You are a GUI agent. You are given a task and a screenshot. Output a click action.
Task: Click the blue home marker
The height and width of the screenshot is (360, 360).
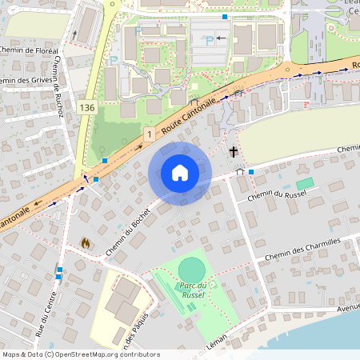(x=180, y=173)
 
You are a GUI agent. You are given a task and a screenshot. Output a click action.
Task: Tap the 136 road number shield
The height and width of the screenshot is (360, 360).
(x=88, y=107)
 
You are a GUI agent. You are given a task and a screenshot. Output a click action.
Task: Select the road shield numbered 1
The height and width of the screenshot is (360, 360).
(x=149, y=135)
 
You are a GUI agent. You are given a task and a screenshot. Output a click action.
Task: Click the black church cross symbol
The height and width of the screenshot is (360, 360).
(x=234, y=151)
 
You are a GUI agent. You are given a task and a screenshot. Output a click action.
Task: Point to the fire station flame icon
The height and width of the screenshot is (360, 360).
(x=86, y=242)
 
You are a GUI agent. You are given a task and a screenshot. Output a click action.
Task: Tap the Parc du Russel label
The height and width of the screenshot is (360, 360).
(x=193, y=290)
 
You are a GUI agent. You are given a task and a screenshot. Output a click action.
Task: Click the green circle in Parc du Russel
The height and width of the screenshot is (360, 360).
(x=192, y=270)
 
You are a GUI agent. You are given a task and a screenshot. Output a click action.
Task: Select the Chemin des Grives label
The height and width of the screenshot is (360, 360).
(x=23, y=80)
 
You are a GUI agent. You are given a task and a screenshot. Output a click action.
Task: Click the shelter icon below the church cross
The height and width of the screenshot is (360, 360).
(x=239, y=170)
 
